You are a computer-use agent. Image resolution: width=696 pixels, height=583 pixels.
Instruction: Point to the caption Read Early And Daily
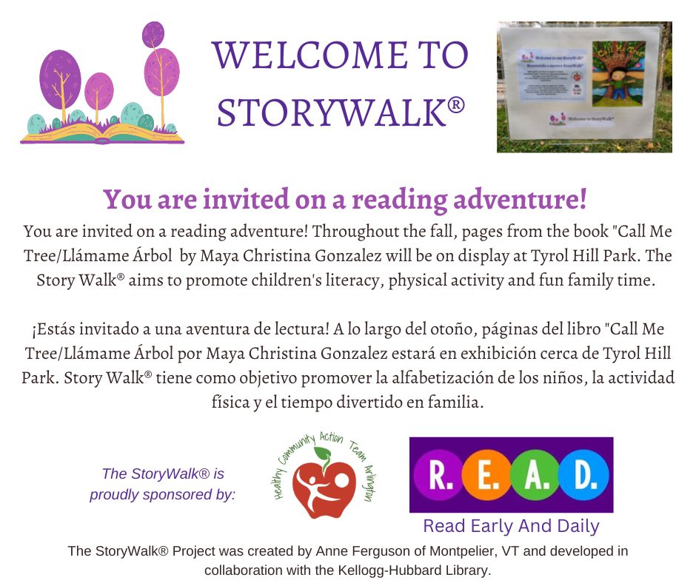(511, 527)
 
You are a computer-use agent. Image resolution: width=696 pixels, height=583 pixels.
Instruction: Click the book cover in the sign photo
(616, 78)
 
